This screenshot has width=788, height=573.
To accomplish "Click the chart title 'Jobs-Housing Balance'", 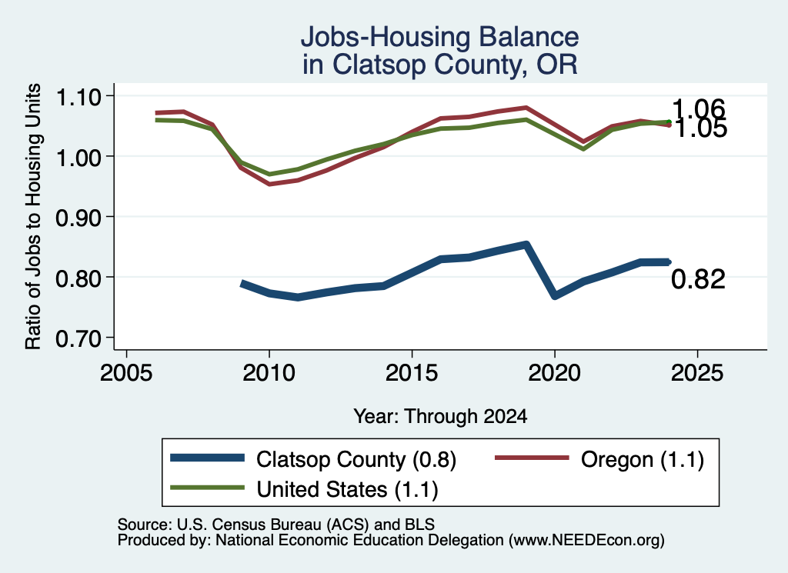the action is point(439,37).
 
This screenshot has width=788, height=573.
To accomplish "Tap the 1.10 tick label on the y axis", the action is point(78,97).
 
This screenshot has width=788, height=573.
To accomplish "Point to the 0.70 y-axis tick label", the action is point(78,338).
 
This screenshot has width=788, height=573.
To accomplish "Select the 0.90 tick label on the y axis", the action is point(78,218).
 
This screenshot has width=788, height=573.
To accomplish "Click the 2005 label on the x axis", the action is point(126,373).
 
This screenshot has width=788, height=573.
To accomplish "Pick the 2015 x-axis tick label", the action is point(412,373).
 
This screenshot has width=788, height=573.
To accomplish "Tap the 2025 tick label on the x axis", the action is point(697,373).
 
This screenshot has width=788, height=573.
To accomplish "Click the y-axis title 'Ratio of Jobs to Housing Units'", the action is point(33,216).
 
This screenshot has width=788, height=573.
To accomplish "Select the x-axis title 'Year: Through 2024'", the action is point(440,416).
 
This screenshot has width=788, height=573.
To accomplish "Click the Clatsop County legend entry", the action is point(312,459).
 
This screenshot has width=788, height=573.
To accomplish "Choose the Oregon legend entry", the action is point(599,459).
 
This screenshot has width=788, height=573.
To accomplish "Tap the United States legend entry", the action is point(304,488).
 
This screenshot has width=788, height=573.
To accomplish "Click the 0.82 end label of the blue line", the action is point(698,279).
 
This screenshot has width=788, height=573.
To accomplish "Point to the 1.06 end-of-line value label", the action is point(699,108).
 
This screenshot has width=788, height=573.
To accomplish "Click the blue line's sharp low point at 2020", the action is point(555,295).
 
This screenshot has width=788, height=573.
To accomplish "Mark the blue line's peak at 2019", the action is point(526,245).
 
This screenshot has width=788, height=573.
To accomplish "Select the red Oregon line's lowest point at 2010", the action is point(270,184).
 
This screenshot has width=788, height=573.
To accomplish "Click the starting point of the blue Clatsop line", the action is point(242,284).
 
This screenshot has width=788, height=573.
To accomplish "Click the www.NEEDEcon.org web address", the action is point(586,540).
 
